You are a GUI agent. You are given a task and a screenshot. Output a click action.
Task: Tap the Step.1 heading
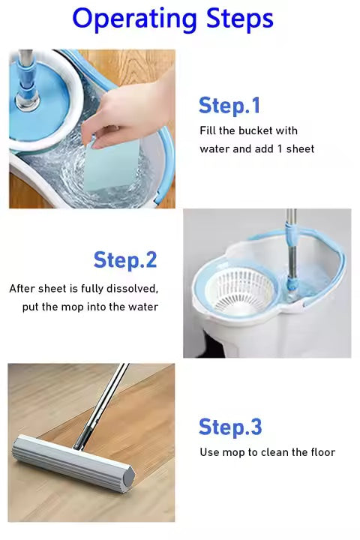(x=229, y=105)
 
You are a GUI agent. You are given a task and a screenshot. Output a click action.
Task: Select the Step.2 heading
(x=125, y=260)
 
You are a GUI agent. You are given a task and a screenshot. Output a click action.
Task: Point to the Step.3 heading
(x=230, y=427)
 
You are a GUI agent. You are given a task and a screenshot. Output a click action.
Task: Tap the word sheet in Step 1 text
(x=300, y=148)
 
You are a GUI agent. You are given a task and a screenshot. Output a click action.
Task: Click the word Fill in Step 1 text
(x=208, y=130)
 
